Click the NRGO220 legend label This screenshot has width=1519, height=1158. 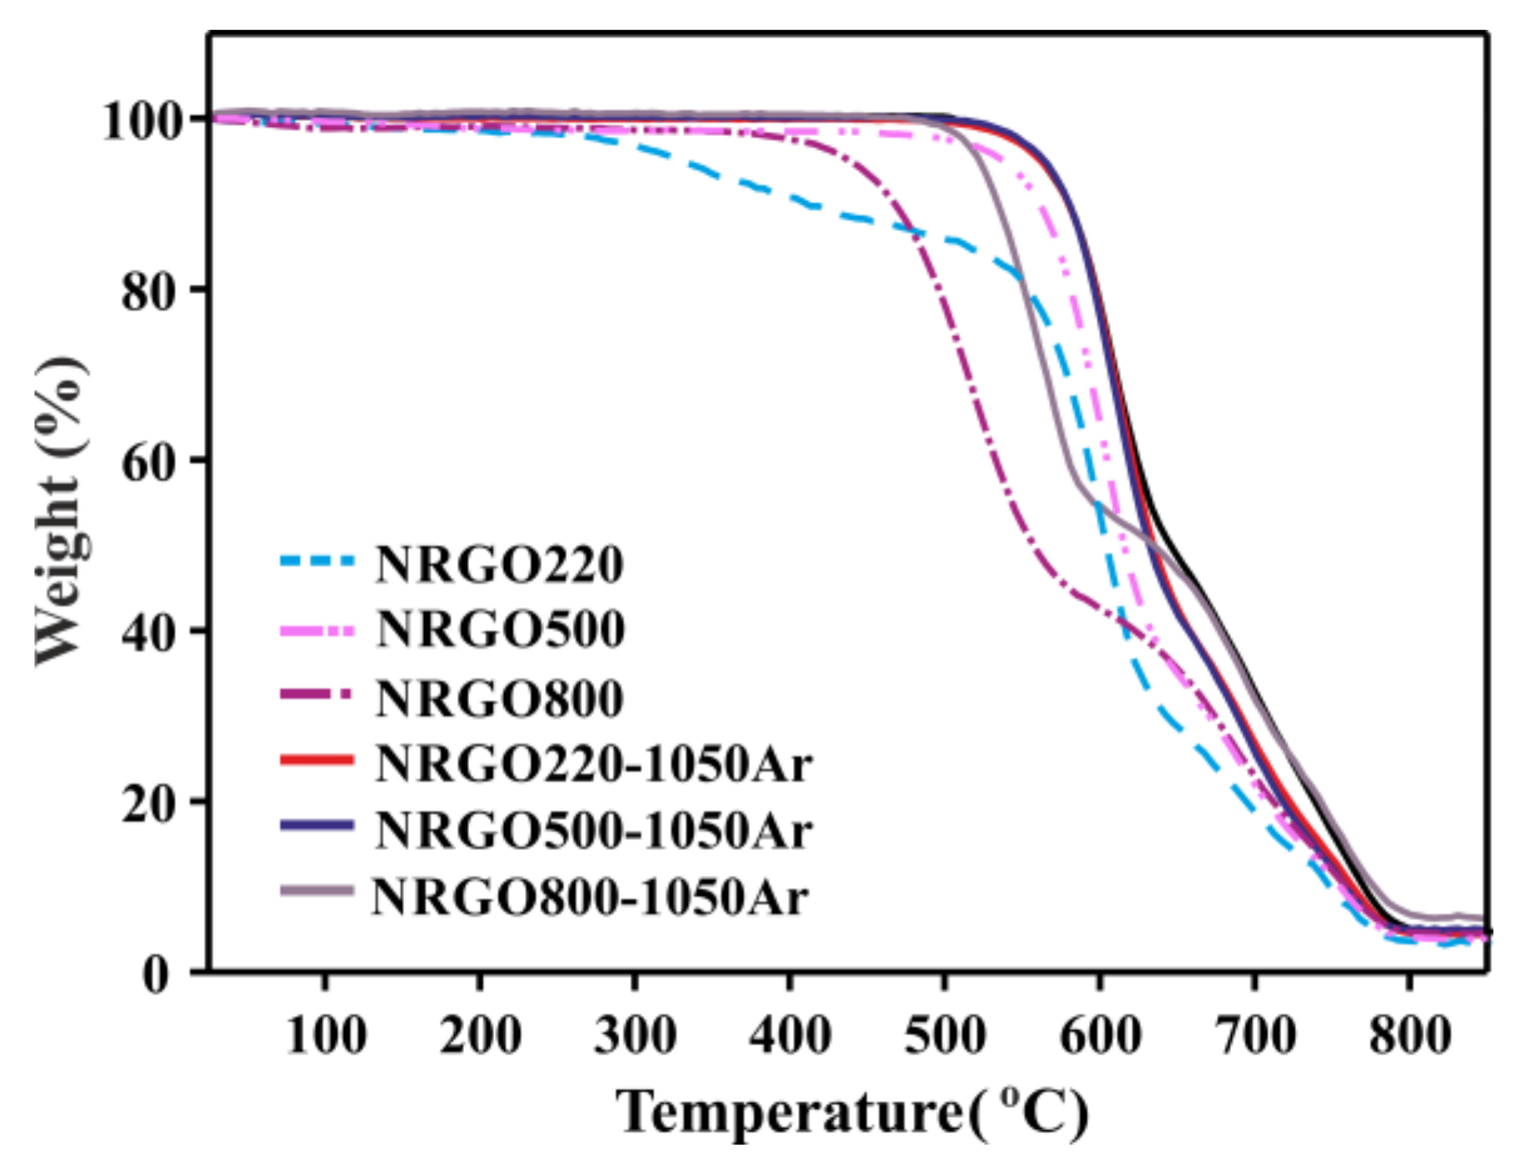[x=499, y=565]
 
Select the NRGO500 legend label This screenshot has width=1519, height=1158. [x=501, y=630]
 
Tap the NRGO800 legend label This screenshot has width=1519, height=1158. [x=499, y=698]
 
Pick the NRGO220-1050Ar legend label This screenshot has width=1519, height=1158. [x=593, y=763]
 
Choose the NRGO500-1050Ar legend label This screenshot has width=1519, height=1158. [x=593, y=831]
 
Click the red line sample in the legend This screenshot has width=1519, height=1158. [x=317, y=760]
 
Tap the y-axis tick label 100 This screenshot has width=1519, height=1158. [x=142, y=122]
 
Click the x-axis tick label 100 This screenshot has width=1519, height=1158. [x=325, y=1036]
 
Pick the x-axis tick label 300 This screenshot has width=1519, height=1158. [x=635, y=1036]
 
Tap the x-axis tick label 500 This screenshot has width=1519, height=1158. [x=945, y=1036]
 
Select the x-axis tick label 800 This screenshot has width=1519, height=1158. [x=1410, y=1036]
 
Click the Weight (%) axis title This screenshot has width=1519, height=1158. [x=60, y=511]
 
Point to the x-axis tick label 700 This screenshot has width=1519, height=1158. [x=1254, y=1036]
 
